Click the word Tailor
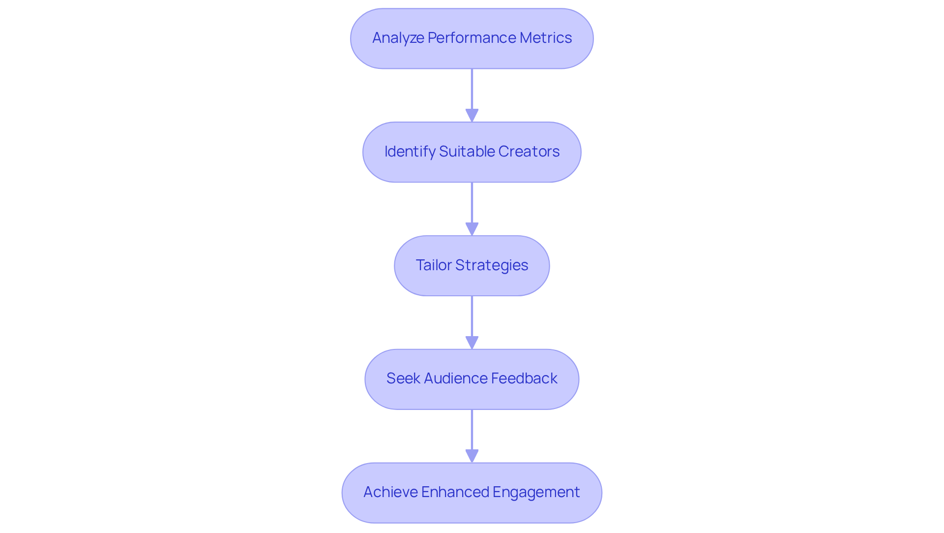pos(433,265)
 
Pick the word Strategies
pos(491,265)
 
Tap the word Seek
pos(403,378)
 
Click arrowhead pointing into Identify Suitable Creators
pos(472,116)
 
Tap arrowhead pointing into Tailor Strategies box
pos(472,229)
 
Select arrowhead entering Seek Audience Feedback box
pos(472,343)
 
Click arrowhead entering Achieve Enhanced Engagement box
pos(472,456)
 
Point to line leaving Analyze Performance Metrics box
pos(472,89)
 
